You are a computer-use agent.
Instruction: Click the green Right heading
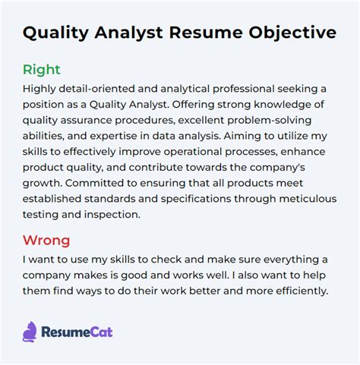(42, 70)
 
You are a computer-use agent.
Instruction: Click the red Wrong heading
(46, 240)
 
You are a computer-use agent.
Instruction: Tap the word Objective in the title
(292, 33)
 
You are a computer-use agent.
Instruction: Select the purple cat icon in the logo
(30, 332)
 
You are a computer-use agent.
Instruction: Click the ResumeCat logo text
(77, 332)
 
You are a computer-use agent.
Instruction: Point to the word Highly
(39, 90)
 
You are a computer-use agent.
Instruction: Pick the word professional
(243, 90)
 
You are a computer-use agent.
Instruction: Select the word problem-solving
(270, 121)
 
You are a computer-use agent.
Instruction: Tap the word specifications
(196, 200)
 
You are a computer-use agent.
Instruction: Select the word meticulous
(308, 199)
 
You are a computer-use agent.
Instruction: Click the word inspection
(112, 215)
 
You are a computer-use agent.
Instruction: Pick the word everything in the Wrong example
(287, 260)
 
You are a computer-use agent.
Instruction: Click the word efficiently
(302, 291)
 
